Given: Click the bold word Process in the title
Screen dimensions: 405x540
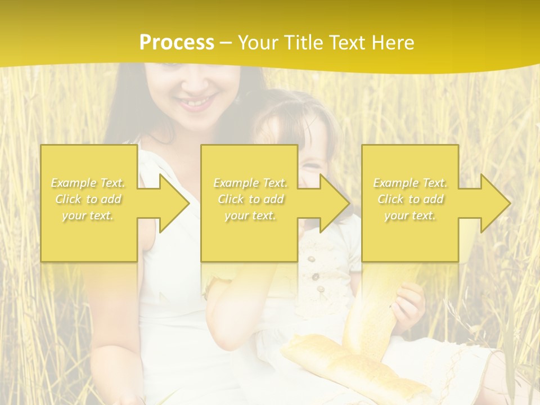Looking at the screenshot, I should click(177, 43).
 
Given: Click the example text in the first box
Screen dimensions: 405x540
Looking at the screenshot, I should click(88, 199).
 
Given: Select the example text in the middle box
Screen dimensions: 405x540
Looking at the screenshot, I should click(250, 199).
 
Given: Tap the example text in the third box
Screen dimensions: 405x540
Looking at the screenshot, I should click(409, 199).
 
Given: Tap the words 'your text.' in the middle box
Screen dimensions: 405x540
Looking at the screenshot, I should click(250, 215).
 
